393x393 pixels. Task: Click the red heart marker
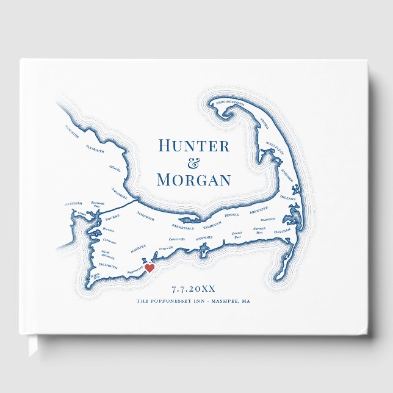(149, 267)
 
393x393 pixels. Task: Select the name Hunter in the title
(193, 146)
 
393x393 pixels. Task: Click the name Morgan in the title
(193, 180)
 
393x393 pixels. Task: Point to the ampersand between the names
(193, 163)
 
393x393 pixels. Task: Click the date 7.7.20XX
(193, 289)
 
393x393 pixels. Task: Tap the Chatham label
(283, 232)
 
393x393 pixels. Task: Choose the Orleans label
(288, 198)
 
